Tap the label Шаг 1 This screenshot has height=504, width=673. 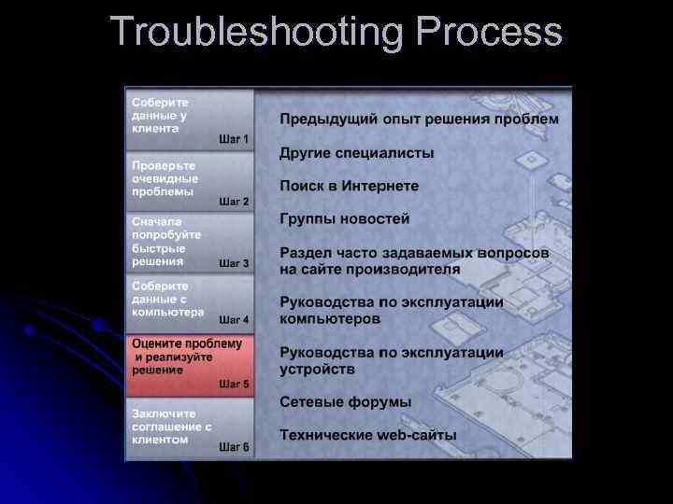[234, 139]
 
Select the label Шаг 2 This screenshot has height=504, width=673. [234, 202]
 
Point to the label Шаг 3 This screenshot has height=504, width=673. [234, 264]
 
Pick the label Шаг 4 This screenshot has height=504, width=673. [234, 320]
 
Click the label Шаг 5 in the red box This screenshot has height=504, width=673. [234, 384]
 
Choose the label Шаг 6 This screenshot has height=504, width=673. [234, 447]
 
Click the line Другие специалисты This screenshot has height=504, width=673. [357, 153]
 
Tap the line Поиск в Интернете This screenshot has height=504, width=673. [349, 187]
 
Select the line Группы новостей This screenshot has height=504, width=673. [344, 219]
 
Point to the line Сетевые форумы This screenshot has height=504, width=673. [345, 402]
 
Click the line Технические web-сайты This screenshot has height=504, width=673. [368, 436]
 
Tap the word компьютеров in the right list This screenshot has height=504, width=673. [330, 318]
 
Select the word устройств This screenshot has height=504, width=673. [317, 369]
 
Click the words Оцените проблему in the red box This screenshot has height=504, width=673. [187, 344]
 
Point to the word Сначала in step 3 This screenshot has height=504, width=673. [157, 222]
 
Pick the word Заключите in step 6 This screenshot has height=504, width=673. [164, 413]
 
